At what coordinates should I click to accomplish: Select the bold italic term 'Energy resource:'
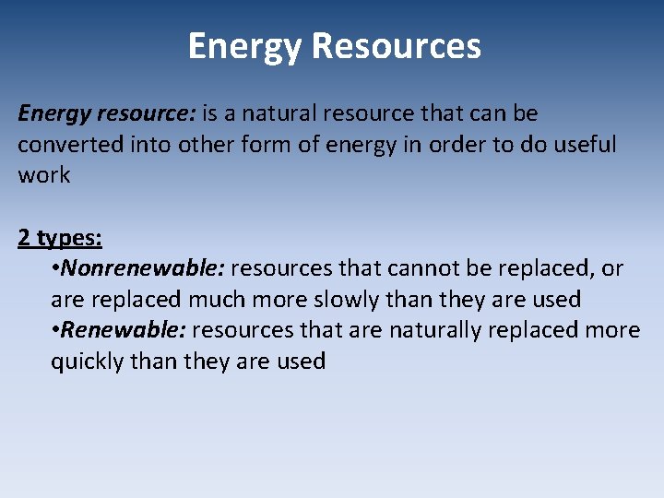pyautogui.click(x=106, y=114)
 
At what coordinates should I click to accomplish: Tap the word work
pyautogui.click(x=44, y=175)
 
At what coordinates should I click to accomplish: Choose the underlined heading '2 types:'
pyautogui.click(x=60, y=238)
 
